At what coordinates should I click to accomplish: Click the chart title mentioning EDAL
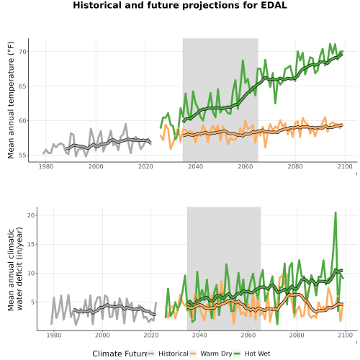[x=180, y=5]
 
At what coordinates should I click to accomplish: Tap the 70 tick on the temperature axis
[x=22, y=52]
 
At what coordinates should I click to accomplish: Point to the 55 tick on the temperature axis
[x=22, y=156]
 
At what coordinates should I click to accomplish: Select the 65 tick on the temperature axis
[x=22, y=86]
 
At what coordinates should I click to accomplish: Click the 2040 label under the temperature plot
[x=195, y=166]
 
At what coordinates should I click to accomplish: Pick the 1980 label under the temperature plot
[x=46, y=166]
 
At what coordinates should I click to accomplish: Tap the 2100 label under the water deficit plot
[x=345, y=335]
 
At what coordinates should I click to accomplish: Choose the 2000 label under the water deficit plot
[x=102, y=335]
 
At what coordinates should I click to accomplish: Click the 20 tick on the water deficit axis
[x=31, y=215]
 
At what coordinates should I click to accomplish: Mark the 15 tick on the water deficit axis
[x=31, y=244]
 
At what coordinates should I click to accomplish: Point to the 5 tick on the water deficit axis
[x=33, y=302]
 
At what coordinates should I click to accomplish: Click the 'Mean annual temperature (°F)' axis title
[x=11, y=100]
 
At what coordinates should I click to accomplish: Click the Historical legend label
[x=174, y=354]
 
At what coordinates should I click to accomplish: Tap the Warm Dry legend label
[x=216, y=354]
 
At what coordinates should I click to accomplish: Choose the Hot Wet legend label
[x=257, y=354]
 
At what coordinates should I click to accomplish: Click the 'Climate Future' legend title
[x=120, y=354]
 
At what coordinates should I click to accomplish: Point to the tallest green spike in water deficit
[x=336, y=212]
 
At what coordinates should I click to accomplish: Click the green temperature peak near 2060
[x=243, y=60]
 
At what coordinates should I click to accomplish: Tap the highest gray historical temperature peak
[x=126, y=124]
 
